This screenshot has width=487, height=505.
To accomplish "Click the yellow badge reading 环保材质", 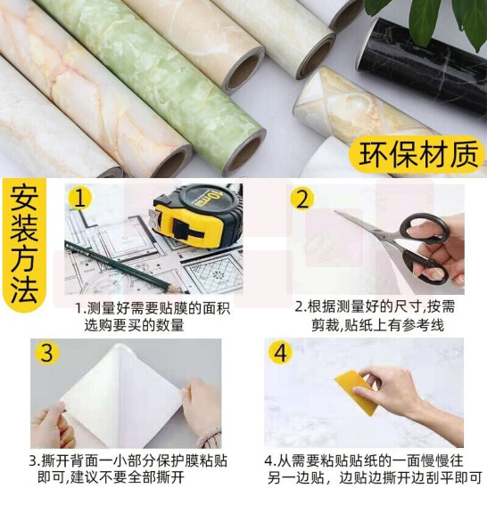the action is coord(417,154).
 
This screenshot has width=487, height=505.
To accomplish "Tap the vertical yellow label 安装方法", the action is coord(24,244).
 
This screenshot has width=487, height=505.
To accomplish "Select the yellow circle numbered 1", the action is coord(79,198).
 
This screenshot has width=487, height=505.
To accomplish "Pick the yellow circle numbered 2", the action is coord(302,199).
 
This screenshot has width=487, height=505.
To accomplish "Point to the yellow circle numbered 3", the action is coord(47,353).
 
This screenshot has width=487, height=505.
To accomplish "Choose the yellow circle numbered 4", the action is coord(280,353).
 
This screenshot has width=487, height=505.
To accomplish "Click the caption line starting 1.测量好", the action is coord(153,308).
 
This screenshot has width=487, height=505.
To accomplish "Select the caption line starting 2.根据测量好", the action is coord(375,306).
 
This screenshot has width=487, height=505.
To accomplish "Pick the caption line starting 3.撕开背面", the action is coord(128,461).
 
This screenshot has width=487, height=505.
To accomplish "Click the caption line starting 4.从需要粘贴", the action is coord(364,460).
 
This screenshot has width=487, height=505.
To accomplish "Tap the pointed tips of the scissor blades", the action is coord(336,212).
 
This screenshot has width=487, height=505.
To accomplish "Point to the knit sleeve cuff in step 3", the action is coord(210,437).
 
